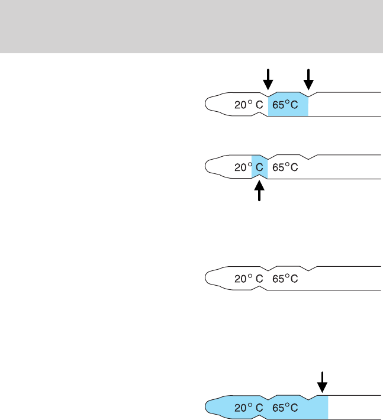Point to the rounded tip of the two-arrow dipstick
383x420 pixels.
(210, 104)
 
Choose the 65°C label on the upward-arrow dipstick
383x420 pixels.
(285, 167)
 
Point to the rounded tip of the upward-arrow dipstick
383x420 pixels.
(210, 166)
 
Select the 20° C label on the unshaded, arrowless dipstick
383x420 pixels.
(249, 279)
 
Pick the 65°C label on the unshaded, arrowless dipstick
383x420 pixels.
(285, 279)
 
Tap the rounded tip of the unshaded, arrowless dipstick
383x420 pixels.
(210, 277)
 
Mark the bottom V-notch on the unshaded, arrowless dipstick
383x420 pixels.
(260, 288)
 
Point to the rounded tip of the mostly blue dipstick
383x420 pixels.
(210, 407)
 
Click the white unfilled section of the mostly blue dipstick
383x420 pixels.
(354, 407)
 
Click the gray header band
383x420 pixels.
(191, 26)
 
